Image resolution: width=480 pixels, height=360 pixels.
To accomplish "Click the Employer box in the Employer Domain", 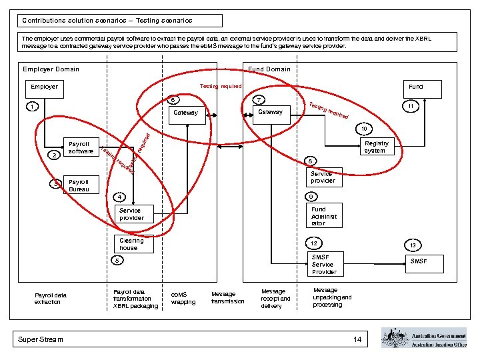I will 44,87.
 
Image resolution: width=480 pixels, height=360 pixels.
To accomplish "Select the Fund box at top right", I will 415,87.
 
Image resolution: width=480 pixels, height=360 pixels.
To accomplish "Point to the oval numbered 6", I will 172,101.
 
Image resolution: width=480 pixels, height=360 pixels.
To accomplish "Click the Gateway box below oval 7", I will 270,113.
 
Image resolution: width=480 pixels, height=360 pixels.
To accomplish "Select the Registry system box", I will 377,147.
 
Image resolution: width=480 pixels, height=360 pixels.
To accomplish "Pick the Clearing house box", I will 133,244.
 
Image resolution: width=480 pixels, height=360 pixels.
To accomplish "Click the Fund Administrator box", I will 324,216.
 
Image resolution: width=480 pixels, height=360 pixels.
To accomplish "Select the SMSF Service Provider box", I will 324,264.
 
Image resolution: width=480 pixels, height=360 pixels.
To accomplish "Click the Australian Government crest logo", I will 393,337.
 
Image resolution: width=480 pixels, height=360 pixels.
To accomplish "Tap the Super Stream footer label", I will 41,339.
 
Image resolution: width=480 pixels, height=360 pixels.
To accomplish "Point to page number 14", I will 357,340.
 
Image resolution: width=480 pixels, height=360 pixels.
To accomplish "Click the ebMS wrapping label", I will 183,298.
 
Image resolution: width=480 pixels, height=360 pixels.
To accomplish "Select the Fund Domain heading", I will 269,69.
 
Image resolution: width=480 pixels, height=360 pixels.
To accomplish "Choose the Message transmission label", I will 227,298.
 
